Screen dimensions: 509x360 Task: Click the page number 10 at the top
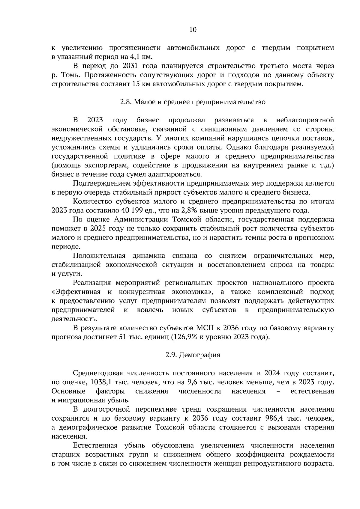point(193,30)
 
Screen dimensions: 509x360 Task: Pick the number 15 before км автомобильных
point(135,84)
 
